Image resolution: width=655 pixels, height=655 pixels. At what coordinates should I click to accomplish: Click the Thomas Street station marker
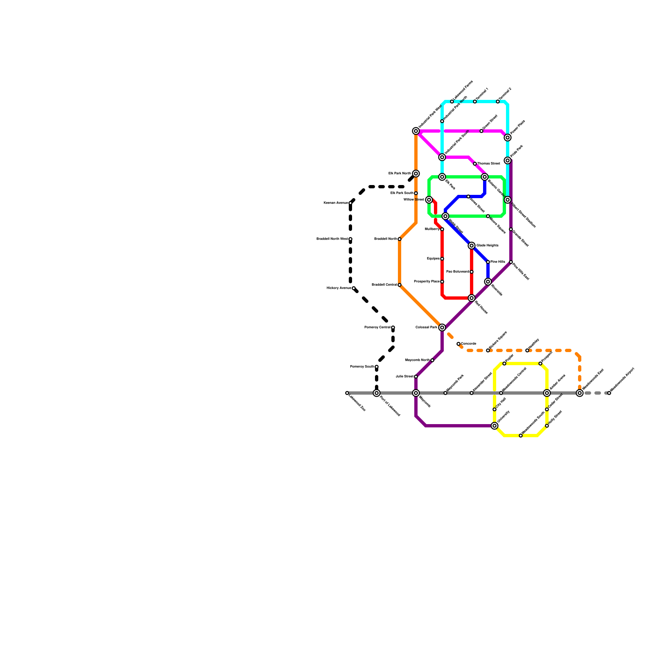point(475,164)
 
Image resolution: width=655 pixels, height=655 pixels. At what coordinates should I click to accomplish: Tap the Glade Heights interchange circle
point(472,246)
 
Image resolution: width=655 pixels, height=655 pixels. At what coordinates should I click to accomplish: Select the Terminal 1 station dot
point(475,102)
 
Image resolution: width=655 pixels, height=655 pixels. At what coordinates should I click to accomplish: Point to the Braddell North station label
point(385,239)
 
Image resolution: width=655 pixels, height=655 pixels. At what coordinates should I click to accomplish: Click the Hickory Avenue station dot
point(354,288)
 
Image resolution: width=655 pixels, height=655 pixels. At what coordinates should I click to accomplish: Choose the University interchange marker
point(495,426)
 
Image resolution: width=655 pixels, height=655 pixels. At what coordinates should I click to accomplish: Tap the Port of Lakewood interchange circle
point(377,393)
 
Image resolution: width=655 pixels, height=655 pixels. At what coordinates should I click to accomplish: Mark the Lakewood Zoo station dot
point(347,393)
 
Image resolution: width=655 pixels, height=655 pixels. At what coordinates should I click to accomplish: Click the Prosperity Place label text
point(427,282)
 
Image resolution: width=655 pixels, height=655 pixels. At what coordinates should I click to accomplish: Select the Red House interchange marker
point(472,298)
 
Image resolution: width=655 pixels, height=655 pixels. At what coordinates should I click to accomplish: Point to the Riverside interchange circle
point(488,282)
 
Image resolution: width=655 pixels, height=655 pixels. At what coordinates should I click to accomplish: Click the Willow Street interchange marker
point(429,200)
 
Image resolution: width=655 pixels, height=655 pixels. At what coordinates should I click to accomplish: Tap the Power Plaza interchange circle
point(508,138)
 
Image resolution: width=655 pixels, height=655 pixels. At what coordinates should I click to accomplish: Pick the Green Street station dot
point(481,131)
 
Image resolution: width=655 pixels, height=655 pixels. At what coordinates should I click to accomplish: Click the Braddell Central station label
point(384,285)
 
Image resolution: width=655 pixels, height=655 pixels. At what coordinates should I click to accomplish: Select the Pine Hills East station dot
point(511,262)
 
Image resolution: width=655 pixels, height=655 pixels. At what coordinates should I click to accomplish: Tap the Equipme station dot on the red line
point(442,259)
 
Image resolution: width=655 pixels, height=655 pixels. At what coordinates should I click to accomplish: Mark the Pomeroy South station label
point(362,367)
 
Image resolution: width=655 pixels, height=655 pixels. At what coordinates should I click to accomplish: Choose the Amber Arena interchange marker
point(547,393)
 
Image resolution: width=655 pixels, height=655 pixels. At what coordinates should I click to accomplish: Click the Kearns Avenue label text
point(336,203)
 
